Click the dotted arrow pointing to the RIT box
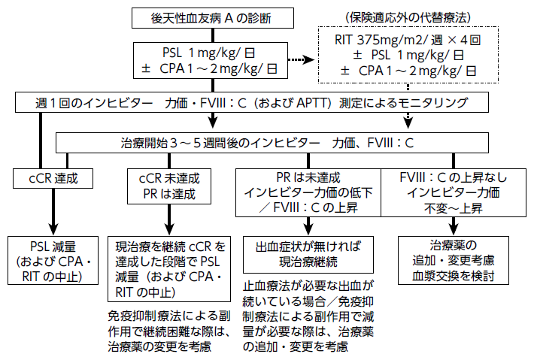303,60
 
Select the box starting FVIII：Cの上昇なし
454,192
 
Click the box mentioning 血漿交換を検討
454,262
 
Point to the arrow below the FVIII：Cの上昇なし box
454,225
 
